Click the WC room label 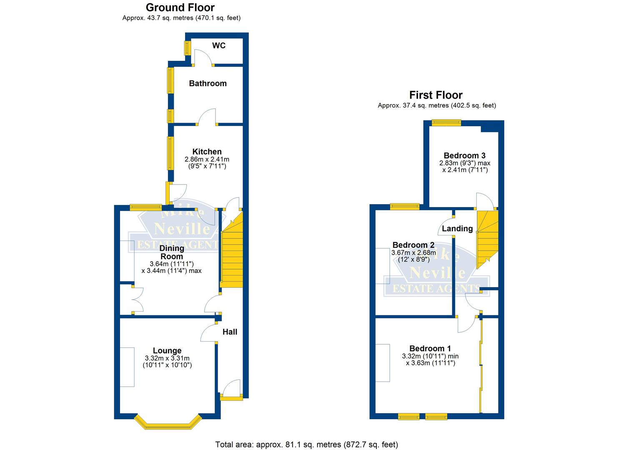[219, 45]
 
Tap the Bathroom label [208, 83]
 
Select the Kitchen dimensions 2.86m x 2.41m [207, 159]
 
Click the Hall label [230, 332]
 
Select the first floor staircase [487, 237]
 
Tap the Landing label [457, 228]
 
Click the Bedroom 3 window [446, 122]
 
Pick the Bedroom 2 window [404, 206]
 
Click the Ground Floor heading [180, 7]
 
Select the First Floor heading [436, 95]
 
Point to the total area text [306, 445]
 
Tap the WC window [187, 48]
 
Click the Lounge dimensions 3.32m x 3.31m [167, 358]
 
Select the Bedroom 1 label [430, 348]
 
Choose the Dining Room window [145, 207]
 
